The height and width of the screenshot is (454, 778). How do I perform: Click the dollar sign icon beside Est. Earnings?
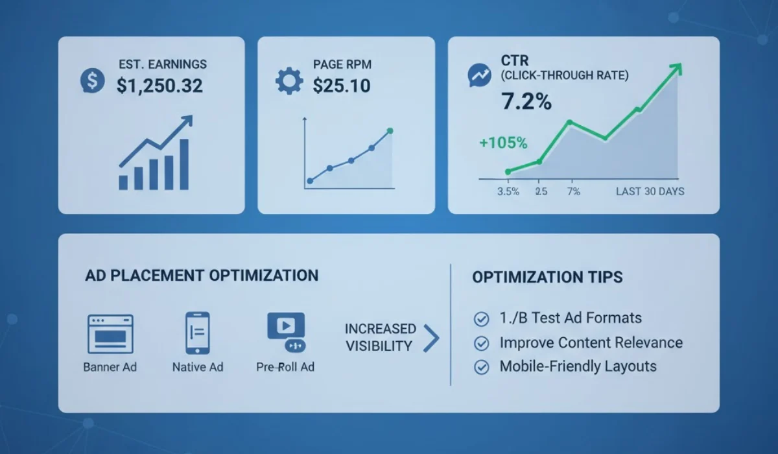tap(92, 80)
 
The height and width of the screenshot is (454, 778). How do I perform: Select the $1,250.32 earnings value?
tap(159, 85)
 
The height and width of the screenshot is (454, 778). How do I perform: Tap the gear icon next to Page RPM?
tap(289, 81)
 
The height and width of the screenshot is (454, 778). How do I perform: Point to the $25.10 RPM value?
tap(342, 85)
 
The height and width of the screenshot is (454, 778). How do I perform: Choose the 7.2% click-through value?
tap(526, 101)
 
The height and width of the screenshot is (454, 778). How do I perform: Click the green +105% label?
tap(503, 143)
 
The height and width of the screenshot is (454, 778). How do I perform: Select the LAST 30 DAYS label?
tap(650, 191)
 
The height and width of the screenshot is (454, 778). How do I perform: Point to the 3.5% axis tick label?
tap(508, 191)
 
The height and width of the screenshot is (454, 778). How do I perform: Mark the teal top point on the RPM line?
tap(390, 131)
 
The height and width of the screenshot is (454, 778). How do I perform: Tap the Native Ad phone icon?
tap(197, 333)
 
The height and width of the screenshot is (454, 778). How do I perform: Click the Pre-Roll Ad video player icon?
tap(285, 331)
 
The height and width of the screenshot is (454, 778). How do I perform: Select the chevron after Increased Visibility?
tap(431, 338)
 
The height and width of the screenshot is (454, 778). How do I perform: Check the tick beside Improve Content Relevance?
tap(482, 343)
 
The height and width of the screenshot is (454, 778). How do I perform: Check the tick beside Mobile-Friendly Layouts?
tap(482, 367)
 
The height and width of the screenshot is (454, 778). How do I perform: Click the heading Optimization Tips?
tap(547, 278)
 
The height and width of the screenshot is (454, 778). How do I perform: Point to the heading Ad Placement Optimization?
tap(202, 275)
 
